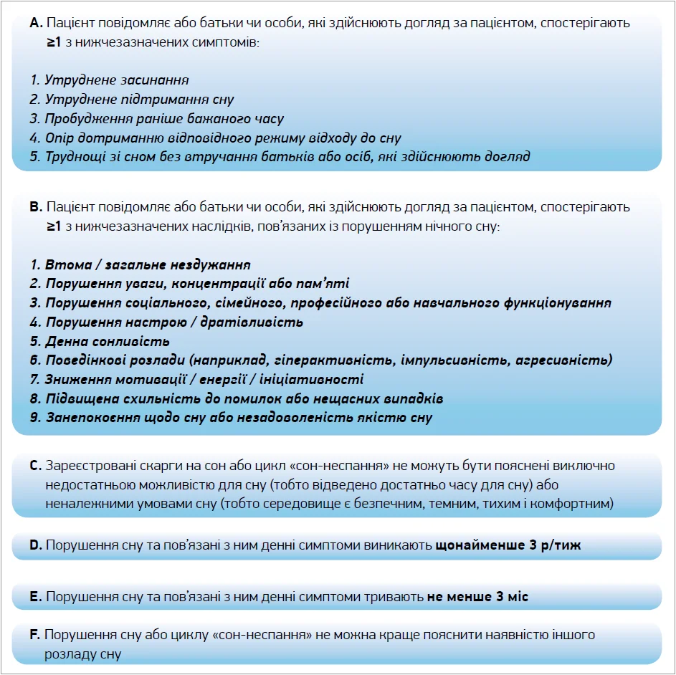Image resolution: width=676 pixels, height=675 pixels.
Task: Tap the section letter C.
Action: coord(35,466)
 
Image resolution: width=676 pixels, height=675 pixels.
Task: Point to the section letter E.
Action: coord(35,596)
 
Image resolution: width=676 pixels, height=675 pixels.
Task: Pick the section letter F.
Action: coord(34,635)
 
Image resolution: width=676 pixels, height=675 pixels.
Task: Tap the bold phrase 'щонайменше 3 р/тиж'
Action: coord(508,545)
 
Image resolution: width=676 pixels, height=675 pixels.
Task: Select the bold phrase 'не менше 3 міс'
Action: coord(477,596)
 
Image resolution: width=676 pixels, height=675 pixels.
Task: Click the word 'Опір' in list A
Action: coord(59,138)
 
